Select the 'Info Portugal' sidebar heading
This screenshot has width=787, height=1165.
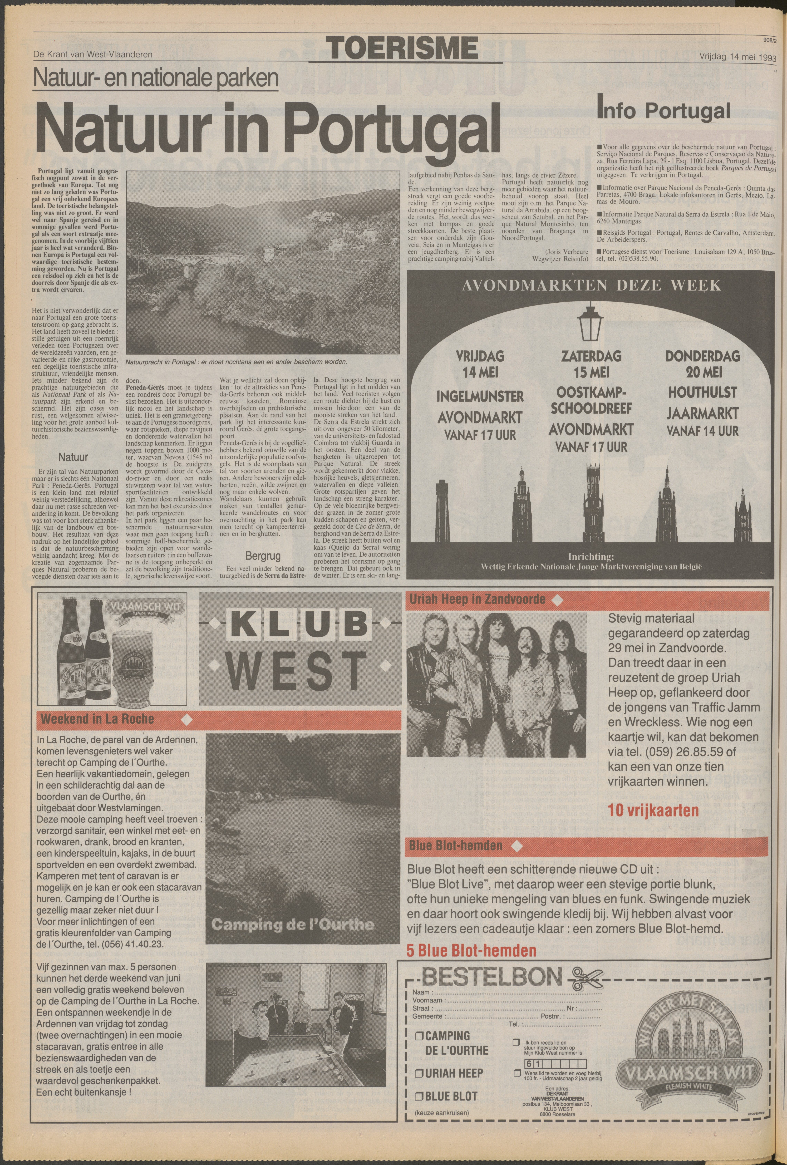point(663,110)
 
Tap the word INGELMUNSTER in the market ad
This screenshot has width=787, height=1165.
point(473,396)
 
